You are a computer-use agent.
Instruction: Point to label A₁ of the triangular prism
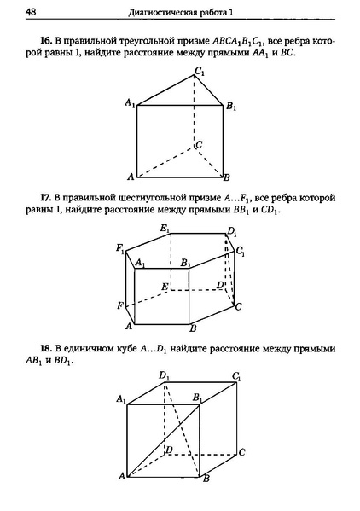point(130,102)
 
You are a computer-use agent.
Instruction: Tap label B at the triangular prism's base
point(227,177)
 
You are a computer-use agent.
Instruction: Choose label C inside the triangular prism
point(199,145)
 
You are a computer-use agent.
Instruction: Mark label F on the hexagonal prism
point(121,304)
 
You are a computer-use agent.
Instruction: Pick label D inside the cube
point(169,449)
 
